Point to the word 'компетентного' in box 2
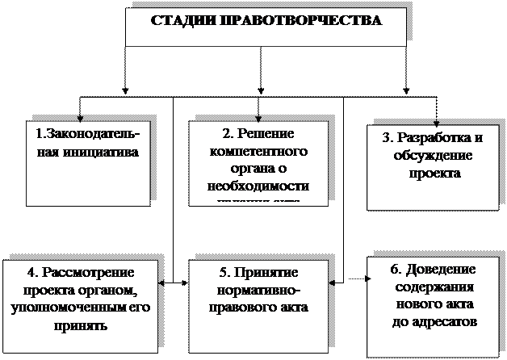[258, 151]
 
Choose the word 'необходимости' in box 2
[258, 185]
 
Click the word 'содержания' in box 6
[434, 287]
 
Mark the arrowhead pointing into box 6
[369, 280]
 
